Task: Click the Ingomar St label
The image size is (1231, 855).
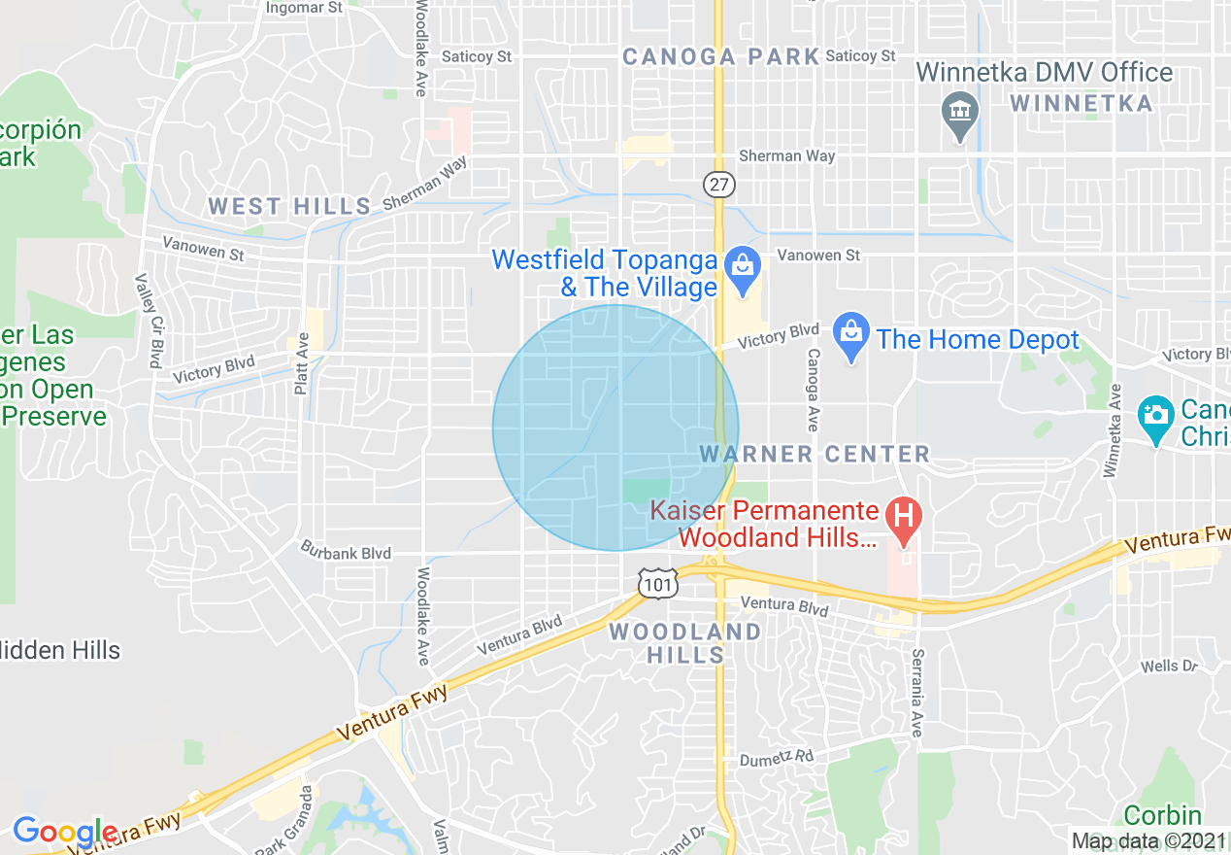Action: (x=305, y=8)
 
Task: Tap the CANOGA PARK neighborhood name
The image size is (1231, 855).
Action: (x=721, y=57)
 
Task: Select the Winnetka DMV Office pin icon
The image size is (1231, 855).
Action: (x=960, y=112)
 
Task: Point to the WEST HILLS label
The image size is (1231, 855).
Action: (x=289, y=206)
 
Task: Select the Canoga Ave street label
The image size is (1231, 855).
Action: (x=813, y=391)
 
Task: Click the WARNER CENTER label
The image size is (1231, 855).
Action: (x=815, y=455)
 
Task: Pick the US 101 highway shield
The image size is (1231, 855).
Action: (x=657, y=583)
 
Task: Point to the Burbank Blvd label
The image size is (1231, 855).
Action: (x=346, y=553)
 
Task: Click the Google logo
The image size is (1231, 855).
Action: (x=64, y=832)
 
